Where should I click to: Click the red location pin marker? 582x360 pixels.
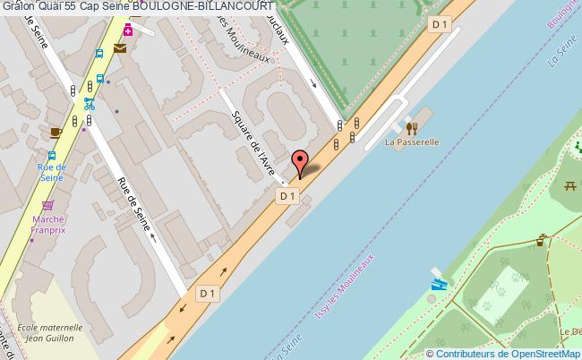300,164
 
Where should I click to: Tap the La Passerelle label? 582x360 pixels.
411,141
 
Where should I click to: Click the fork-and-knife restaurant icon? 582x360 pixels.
411,127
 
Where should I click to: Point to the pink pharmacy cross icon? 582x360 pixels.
128,30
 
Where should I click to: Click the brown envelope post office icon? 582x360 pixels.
120,48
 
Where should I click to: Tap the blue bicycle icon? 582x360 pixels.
89,103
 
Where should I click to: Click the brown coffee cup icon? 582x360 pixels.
55,133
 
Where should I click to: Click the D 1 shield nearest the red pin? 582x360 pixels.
287,195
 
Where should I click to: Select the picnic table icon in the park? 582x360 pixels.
569,186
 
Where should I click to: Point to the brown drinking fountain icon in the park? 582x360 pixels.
541,240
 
